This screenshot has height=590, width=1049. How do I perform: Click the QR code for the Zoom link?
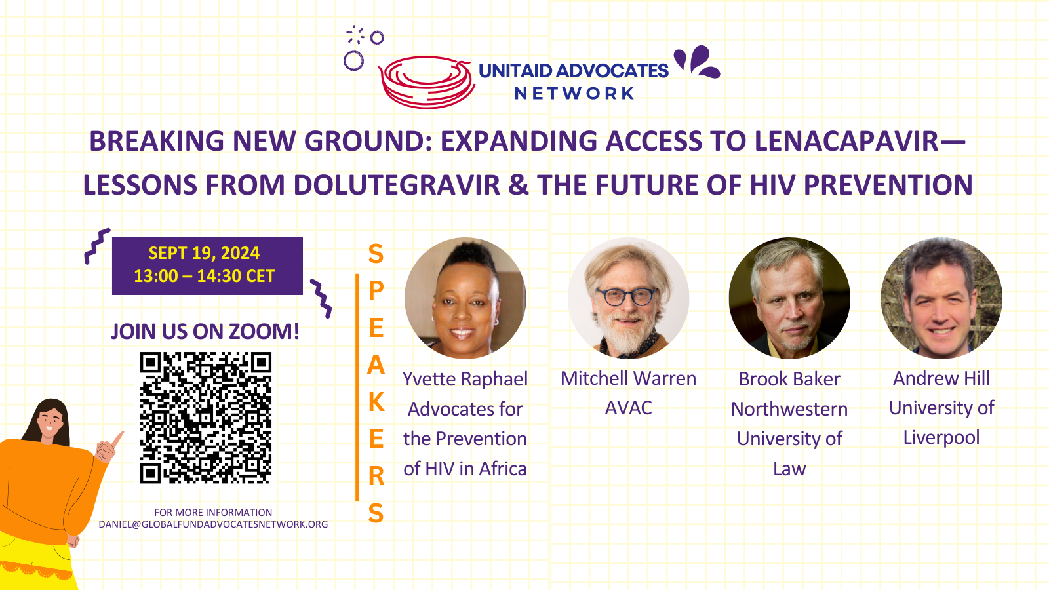(x=206, y=418)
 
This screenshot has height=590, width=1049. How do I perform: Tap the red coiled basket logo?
(x=426, y=83)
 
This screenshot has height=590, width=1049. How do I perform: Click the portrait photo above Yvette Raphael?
(x=465, y=298)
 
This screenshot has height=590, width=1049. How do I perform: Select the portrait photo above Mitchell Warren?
(x=629, y=298)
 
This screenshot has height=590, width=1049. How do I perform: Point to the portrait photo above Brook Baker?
(x=789, y=298)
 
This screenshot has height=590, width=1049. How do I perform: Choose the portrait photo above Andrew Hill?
(x=941, y=298)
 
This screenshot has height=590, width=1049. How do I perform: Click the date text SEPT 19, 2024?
(x=204, y=253)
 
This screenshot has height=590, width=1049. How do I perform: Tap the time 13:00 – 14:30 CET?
(x=204, y=276)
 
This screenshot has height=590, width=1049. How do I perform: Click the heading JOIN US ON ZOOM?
(x=205, y=332)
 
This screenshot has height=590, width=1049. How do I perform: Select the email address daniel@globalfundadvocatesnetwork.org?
(x=214, y=524)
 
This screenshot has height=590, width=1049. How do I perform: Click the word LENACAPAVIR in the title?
(x=846, y=141)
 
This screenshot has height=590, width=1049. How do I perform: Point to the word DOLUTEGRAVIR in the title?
(x=397, y=185)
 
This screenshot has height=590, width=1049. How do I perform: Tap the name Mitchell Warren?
(x=629, y=378)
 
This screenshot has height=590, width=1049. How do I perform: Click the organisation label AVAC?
(x=629, y=408)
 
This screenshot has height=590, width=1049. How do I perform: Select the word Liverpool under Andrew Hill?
(x=941, y=438)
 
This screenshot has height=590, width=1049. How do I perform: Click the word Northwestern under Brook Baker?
(x=789, y=409)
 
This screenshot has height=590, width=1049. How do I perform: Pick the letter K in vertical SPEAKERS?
(x=376, y=402)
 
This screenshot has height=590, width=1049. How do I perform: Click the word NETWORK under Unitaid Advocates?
(x=574, y=94)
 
